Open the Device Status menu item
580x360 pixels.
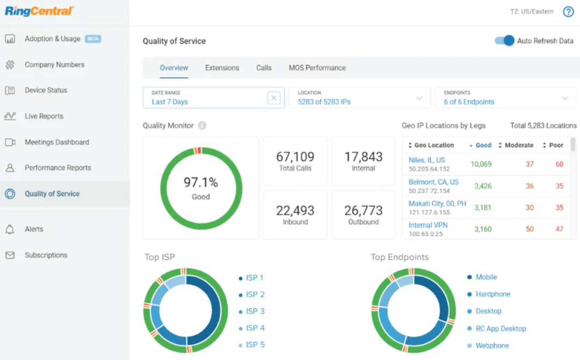(46, 90)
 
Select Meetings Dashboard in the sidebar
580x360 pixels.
(56, 142)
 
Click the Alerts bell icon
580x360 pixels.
(10, 229)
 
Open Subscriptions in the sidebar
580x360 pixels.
(46, 255)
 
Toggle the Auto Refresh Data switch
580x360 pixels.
(504, 41)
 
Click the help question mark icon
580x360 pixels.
(568, 11)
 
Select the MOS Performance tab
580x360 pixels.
(317, 68)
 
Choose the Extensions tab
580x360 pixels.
(222, 68)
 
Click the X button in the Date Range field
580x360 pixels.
(274, 98)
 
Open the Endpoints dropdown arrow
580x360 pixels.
(565, 98)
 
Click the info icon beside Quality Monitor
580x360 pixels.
(202, 126)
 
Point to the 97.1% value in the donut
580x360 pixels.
(200, 183)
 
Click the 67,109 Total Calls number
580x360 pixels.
(295, 157)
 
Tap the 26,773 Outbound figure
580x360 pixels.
(363, 210)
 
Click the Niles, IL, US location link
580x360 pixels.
(426, 160)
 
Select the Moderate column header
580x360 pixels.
(518, 145)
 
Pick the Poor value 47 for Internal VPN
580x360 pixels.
(559, 229)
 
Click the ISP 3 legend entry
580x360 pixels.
(255, 311)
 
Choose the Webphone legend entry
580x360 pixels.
(492, 345)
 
